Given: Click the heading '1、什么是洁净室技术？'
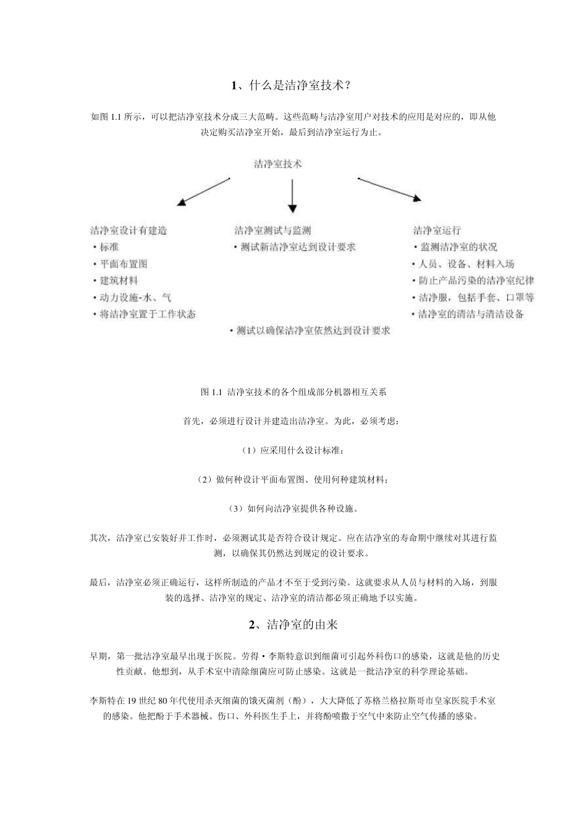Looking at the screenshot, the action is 293,85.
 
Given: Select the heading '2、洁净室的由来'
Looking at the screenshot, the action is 293,625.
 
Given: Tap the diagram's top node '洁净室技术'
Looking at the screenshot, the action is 278,164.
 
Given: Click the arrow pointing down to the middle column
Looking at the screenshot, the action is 292,199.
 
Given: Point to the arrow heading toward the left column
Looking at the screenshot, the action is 203,191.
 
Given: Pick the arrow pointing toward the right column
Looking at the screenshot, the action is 389,189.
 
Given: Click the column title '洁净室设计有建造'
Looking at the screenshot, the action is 129,231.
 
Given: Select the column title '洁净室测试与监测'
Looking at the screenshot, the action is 272,231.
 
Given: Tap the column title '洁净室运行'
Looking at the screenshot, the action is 437,231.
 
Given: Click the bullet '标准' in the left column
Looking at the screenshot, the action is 109,247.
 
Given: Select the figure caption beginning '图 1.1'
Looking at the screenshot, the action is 293,392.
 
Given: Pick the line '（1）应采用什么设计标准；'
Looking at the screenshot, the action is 293,451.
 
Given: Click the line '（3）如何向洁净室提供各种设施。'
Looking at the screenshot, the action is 293,509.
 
